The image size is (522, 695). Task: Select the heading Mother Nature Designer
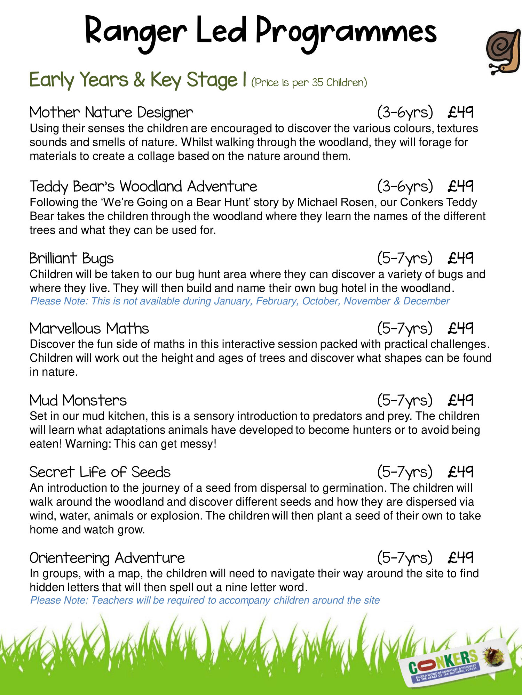pos(111,113)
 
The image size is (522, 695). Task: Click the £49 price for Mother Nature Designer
pos(461,112)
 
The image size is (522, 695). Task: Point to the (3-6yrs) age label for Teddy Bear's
pos(405,187)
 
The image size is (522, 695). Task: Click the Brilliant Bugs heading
pos(71,259)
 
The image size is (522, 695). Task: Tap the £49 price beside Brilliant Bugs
pos(461,258)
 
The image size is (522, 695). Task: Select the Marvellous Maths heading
pos(89,329)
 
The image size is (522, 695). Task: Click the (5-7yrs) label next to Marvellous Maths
pos(405,328)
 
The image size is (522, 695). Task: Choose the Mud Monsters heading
pos(78,400)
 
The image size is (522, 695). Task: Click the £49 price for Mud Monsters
pos(461,400)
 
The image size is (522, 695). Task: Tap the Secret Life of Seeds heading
pos(100,472)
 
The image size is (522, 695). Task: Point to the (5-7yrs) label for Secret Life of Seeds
pos(405,472)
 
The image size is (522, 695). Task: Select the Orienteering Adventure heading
pos(107,558)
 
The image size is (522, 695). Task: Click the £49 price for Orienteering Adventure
pos(461,557)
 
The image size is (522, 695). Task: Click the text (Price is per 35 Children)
pos(309,83)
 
